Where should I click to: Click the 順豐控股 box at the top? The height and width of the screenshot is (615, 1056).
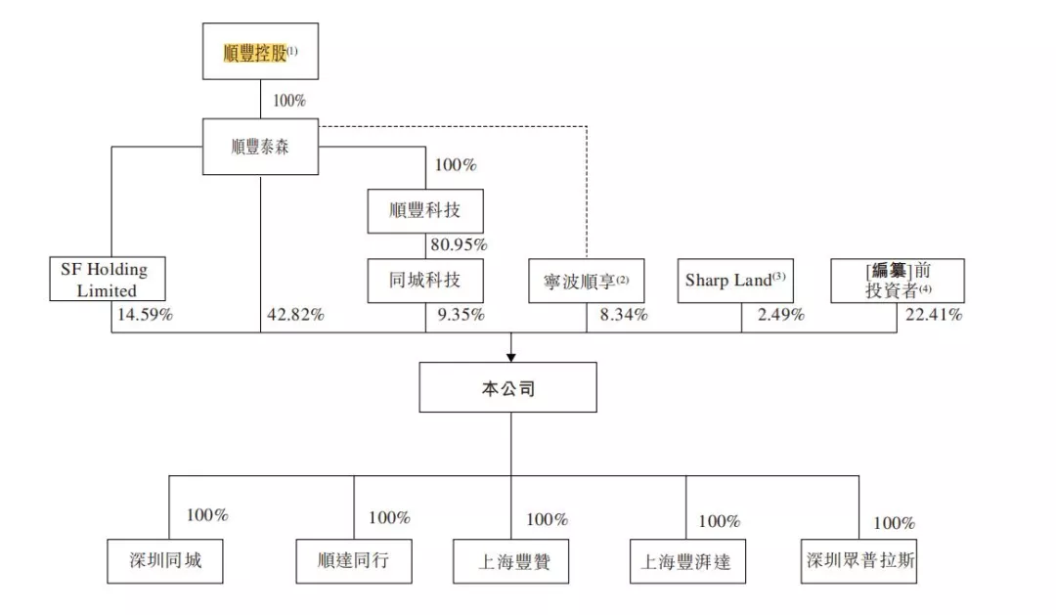pos(260,52)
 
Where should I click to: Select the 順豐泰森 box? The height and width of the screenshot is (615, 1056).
pos(260,147)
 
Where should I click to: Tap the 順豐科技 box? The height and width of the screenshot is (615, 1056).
pos(425,211)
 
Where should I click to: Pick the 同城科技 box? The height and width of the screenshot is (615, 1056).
pos(425,281)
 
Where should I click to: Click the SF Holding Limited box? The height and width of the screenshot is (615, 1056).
pos(108,279)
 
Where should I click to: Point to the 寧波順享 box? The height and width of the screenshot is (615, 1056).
pos(587,281)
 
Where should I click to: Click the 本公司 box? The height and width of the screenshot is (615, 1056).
pos(508,388)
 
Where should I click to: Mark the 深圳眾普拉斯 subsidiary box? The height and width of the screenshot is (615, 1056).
pos(859,561)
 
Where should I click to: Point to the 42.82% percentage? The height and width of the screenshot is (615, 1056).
pos(295,315)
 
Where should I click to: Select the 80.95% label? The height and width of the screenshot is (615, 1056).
pos(458,244)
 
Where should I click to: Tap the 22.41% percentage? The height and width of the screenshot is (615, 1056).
pos(933,315)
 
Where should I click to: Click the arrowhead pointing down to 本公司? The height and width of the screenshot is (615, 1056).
pos(510,357)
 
